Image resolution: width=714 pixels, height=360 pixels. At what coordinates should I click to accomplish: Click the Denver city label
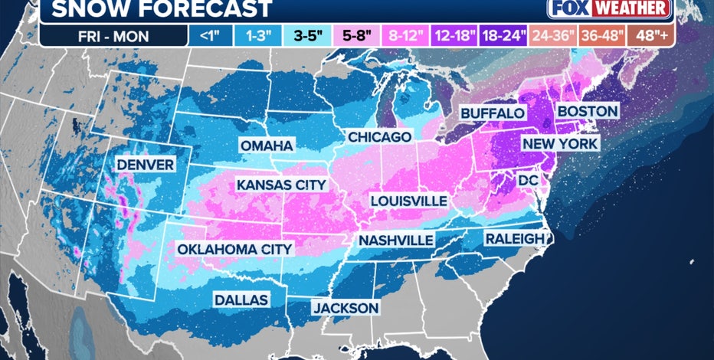click(x=145, y=165)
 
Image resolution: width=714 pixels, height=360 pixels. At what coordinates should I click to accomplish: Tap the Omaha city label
click(x=266, y=146)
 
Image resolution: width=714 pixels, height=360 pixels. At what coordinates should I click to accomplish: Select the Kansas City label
click(x=281, y=185)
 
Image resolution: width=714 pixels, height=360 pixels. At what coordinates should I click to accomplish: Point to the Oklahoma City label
click(x=234, y=249)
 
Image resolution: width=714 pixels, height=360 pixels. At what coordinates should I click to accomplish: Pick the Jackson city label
click(x=345, y=308)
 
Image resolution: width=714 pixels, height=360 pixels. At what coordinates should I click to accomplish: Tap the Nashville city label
click(x=396, y=240)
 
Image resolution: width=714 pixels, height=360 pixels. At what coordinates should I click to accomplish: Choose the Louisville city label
click(x=408, y=200)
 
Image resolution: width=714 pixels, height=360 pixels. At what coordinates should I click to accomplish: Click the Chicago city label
click(x=379, y=136)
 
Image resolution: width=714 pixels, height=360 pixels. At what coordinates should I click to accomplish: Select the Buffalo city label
click(x=492, y=113)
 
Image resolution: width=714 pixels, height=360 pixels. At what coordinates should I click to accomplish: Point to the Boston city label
click(x=587, y=111)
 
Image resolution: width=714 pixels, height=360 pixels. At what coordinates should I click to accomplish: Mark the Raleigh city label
click(x=514, y=239)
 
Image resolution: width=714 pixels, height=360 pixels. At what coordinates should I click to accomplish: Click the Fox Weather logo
click(x=610, y=8)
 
